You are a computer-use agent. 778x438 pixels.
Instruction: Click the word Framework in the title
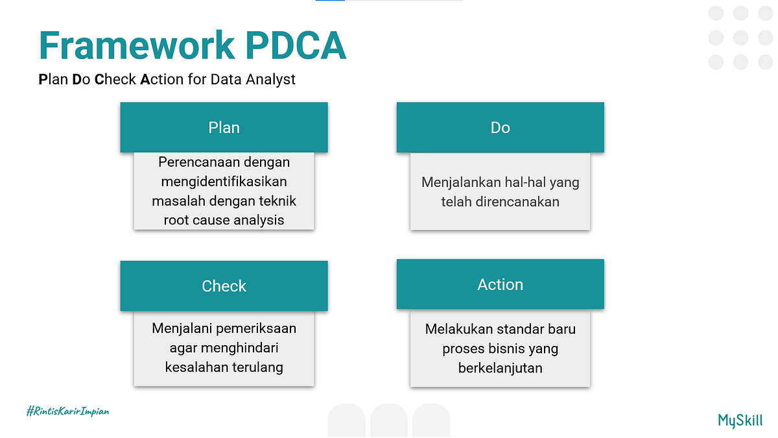coord(136,45)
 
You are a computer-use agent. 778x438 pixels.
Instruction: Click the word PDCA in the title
coord(295,45)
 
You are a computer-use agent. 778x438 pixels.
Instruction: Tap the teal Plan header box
coord(224,128)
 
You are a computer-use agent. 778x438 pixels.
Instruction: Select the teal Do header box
coord(500,128)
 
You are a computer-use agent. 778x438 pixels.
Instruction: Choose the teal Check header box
coord(224,286)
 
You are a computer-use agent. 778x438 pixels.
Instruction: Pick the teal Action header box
coord(500,284)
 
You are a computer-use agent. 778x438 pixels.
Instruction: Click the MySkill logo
coord(740,420)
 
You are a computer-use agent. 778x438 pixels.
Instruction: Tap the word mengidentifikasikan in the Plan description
coord(224,181)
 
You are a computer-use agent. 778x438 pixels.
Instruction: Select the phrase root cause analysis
coord(224,220)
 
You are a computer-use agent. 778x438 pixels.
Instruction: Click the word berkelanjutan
coord(500,368)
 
